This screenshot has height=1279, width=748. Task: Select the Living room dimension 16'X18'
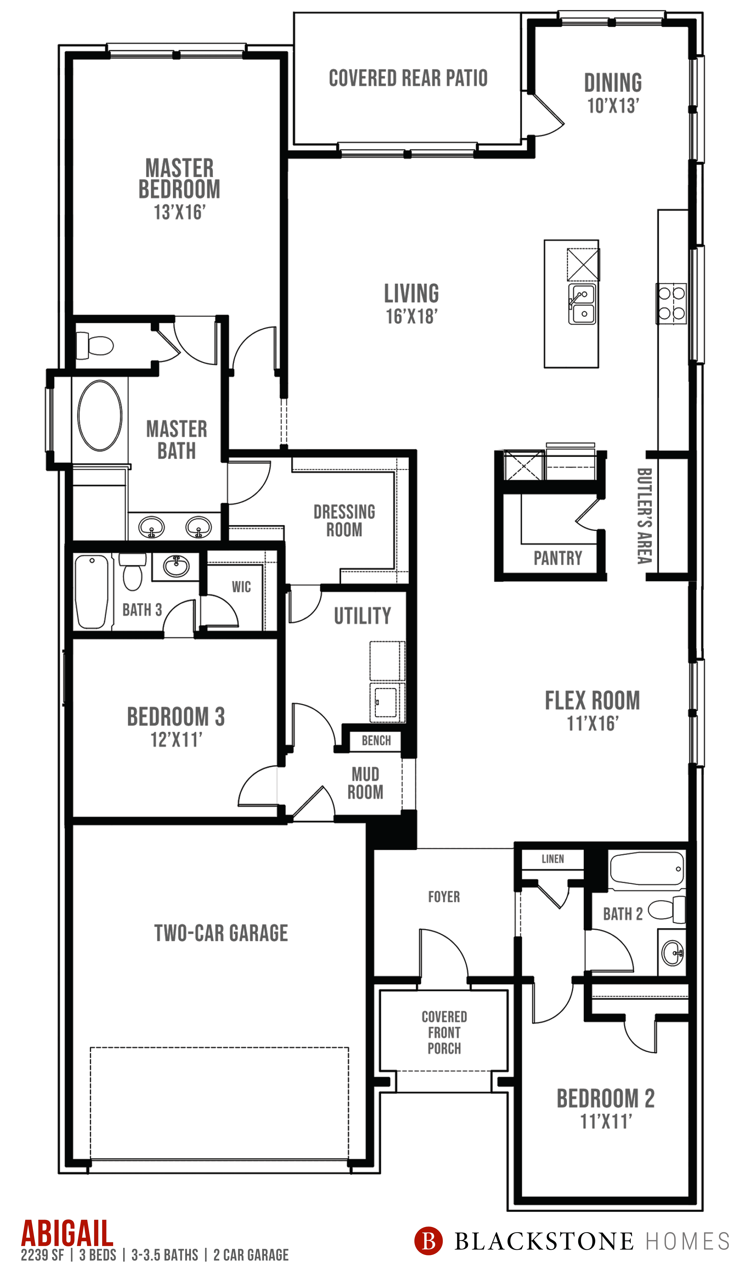pos(411,316)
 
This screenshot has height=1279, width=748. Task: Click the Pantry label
pos(557,558)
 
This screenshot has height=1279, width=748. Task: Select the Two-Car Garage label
pos(221,933)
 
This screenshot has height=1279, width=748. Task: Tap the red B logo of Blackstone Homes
pos(428,1241)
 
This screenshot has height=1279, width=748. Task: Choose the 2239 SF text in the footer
pos(43,1255)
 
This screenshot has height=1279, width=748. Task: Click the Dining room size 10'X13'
pos(613,106)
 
